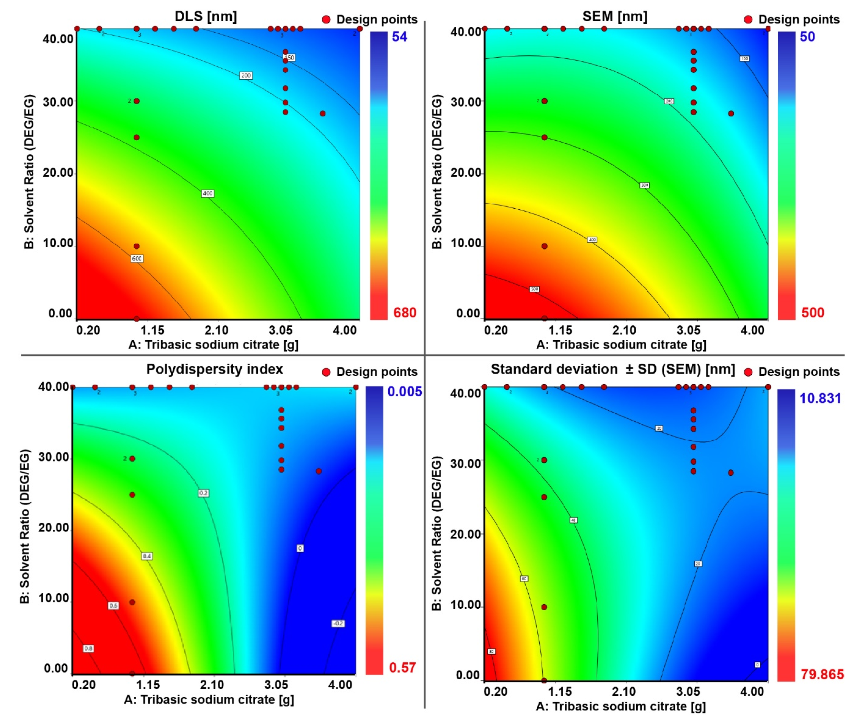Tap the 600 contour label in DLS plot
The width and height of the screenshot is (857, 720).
pyautogui.click(x=137, y=258)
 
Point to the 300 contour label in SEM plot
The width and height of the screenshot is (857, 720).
pyautogui.click(x=644, y=185)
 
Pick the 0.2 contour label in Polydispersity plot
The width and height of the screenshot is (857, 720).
pyautogui.click(x=203, y=493)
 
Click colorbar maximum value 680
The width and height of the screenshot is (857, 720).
pyautogui.click(x=404, y=313)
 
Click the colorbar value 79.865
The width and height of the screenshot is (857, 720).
pyautogui.click(x=821, y=674)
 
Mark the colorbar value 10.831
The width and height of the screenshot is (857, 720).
pyautogui.click(x=820, y=398)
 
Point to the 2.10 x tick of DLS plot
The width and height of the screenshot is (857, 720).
pyautogui.click(x=217, y=330)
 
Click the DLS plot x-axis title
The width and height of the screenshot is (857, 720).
pyautogui.click(x=213, y=345)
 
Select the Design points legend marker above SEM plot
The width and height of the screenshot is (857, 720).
pyautogui.click(x=748, y=19)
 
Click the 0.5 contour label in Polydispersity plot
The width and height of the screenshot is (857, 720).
pyautogui.click(x=114, y=605)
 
